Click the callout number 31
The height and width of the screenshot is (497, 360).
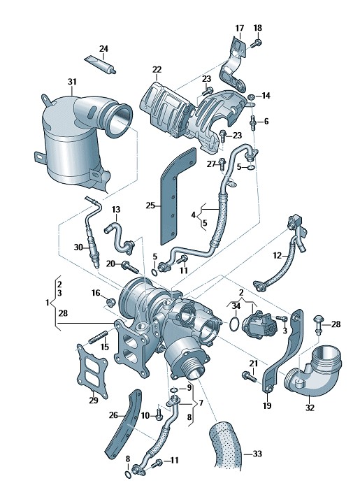click(72, 82)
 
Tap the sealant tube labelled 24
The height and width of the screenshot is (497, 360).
click(100, 64)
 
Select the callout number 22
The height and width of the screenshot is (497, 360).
click(157, 69)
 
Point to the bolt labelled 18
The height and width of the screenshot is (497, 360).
click(256, 43)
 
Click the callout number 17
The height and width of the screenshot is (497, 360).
click(240, 29)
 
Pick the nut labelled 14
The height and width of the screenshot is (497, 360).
click(251, 96)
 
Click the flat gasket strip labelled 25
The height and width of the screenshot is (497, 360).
click(178, 196)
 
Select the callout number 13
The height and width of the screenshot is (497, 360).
click(116, 210)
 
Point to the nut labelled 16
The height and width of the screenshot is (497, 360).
click(110, 303)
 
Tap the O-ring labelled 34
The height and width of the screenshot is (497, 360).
click(234, 324)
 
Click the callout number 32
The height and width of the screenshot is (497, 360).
click(310, 408)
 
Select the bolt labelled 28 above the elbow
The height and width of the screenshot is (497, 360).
click(318, 325)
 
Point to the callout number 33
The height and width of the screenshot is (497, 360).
click(257, 454)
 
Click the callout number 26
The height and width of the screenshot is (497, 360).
click(113, 415)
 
